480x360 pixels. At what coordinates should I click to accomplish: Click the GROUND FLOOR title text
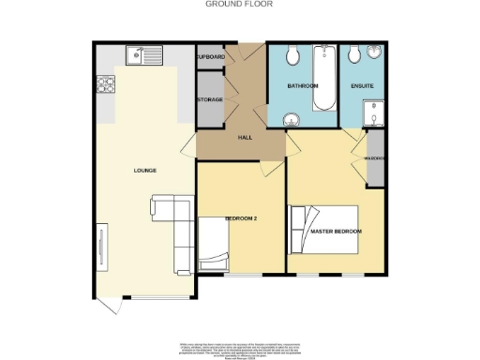[x=239, y=4]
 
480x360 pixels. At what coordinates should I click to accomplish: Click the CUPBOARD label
[x=210, y=57]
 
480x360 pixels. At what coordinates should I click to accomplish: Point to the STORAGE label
[x=210, y=99]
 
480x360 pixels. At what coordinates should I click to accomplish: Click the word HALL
[x=246, y=138]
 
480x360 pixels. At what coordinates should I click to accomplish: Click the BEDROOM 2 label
[x=240, y=217]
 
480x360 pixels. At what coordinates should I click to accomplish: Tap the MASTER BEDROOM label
[x=335, y=231]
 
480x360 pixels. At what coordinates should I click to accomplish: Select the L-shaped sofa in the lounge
[x=169, y=225]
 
